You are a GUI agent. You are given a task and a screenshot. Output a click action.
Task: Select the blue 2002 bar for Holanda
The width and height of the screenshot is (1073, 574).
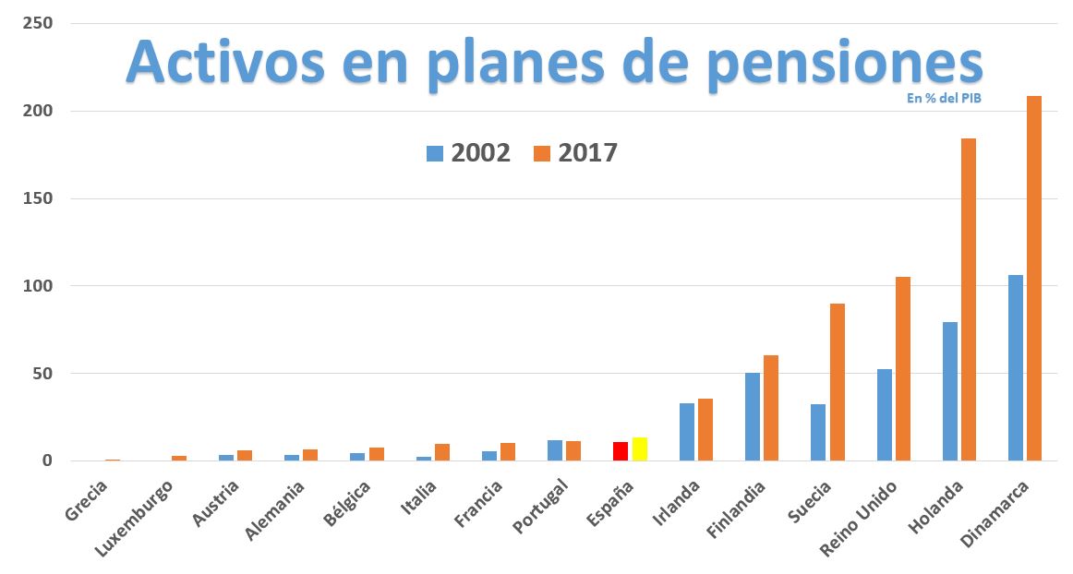pos(949,391)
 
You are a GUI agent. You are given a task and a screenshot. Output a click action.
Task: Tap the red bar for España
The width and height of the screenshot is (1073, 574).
pos(621,451)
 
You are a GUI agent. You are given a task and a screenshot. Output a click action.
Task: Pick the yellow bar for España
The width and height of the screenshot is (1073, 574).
pos(639,449)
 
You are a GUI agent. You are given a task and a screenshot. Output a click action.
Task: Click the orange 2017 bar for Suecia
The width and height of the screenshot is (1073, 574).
pos(837,382)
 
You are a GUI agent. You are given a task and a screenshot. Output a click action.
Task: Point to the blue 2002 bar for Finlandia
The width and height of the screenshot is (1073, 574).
pos(753,417)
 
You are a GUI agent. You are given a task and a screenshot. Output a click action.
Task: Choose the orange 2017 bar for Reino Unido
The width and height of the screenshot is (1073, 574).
pos(903,369)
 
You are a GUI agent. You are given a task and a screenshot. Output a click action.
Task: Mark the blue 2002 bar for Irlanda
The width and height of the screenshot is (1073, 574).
pos(687,432)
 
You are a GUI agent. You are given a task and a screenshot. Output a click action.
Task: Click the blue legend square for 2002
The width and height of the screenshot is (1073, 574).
pos(435,153)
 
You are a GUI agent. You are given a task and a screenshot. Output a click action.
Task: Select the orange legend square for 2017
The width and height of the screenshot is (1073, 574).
pos(542,153)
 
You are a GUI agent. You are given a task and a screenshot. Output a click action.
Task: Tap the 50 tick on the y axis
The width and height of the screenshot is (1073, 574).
pos(42,374)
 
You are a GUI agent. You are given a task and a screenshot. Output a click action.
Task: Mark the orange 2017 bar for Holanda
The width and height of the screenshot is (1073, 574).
pos(969,300)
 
